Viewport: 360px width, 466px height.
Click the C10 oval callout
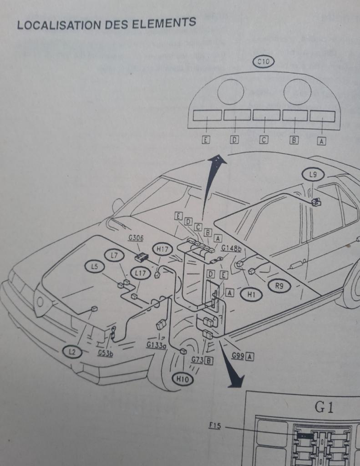pyautogui.click(x=264, y=63)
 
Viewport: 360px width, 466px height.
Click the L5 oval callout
pyautogui.click(x=94, y=267)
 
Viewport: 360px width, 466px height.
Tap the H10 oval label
pyautogui.click(x=182, y=378)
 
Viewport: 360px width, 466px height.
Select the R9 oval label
pyautogui.click(x=279, y=286)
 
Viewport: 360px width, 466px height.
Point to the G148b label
pyautogui.click(x=231, y=248)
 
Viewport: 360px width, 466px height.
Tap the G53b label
pyautogui.click(x=105, y=353)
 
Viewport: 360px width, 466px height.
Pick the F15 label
pyautogui.click(x=214, y=426)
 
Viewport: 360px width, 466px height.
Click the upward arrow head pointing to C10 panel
pyautogui.click(x=218, y=160)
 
